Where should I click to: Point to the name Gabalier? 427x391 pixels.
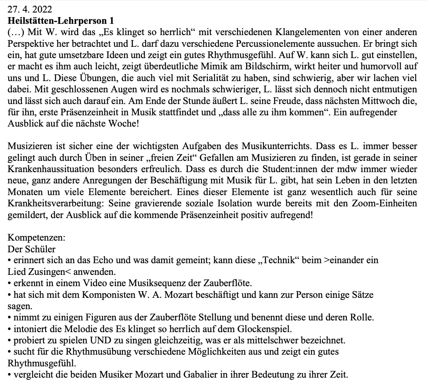point(198,374)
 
